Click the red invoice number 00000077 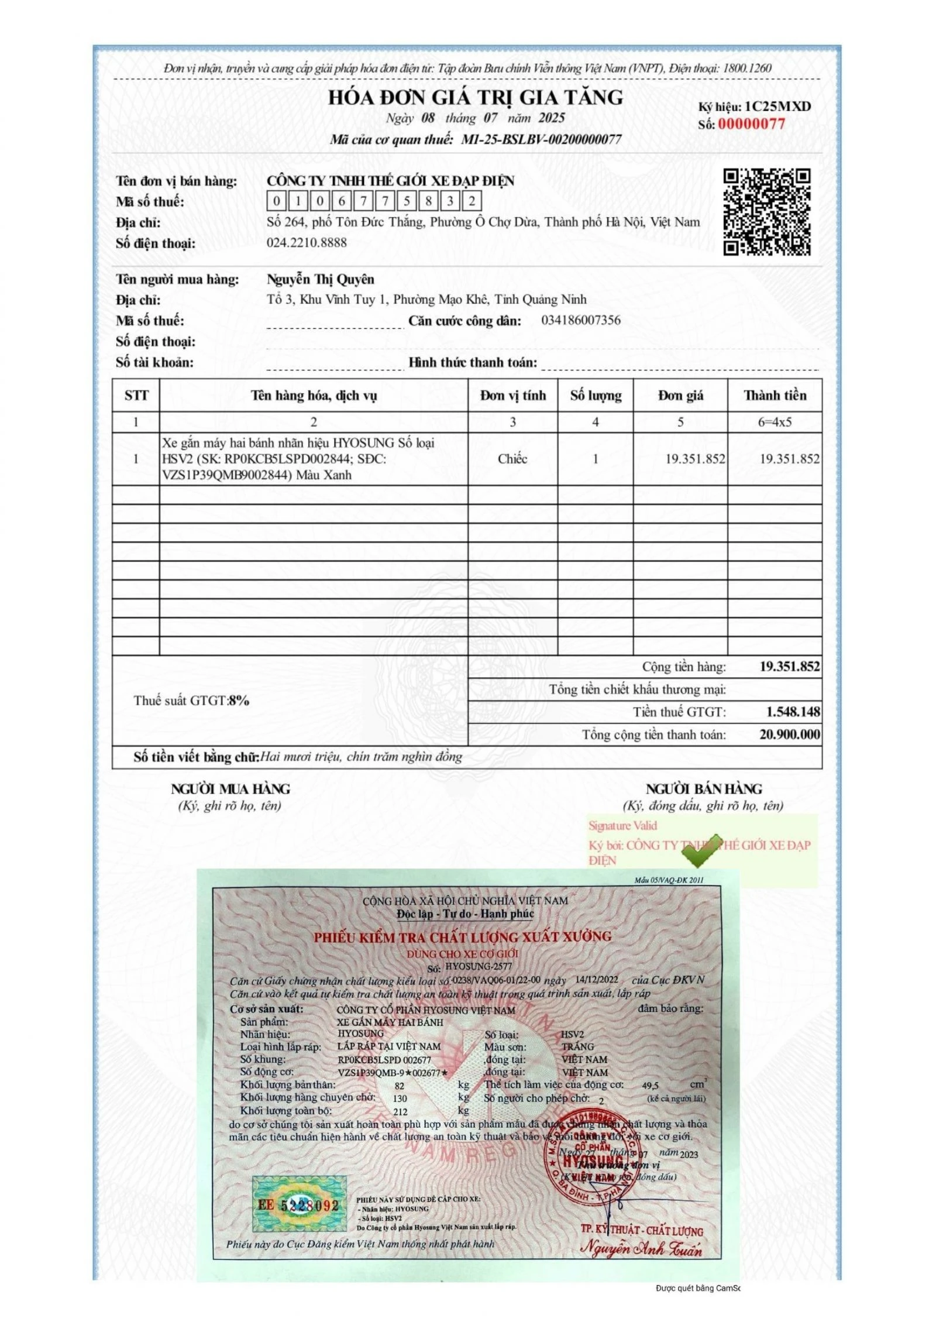pyautogui.click(x=751, y=124)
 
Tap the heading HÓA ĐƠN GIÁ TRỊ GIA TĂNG pyautogui.click(x=475, y=97)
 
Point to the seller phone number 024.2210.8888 pyautogui.click(x=307, y=243)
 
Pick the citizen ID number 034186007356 pyautogui.click(x=580, y=320)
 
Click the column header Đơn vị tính pyautogui.click(x=512, y=396)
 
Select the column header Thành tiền pyautogui.click(x=775, y=396)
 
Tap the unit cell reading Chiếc pyautogui.click(x=512, y=459)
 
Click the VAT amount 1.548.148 pyautogui.click(x=793, y=712)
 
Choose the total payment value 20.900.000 pyautogui.click(x=789, y=734)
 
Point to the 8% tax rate pyautogui.click(x=239, y=701)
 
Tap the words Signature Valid pyautogui.click(x=622, y=826)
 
